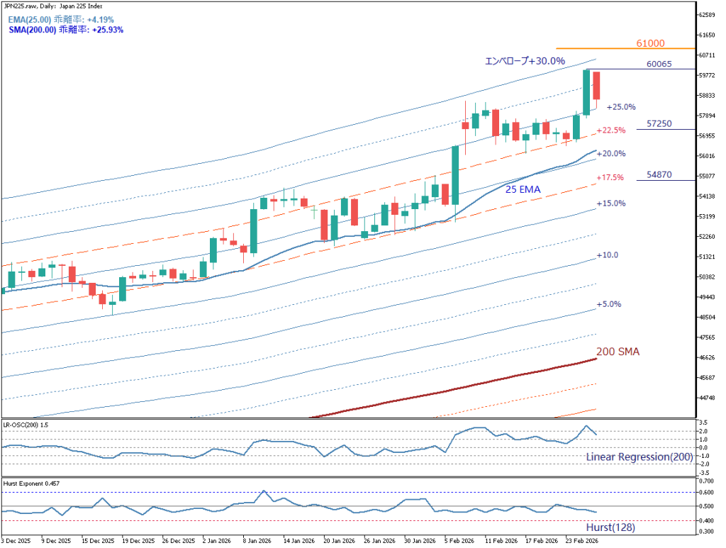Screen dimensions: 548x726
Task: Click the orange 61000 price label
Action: [x=650, y=43]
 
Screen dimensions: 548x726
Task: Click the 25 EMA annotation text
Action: [x=523, y=189]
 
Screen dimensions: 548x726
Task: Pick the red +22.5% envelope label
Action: [x=610, y=130]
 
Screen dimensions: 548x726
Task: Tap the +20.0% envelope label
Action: [x=610, y=153]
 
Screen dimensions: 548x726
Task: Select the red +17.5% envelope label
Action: [x=610, y=177]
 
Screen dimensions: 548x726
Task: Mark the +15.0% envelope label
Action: [x=610, y=203]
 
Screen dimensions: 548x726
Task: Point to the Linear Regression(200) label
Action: [x=639, y=457]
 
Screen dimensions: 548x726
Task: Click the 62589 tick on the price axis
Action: [x=706, y=15]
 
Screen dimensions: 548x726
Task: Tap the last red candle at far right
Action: [x=597, y=86]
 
